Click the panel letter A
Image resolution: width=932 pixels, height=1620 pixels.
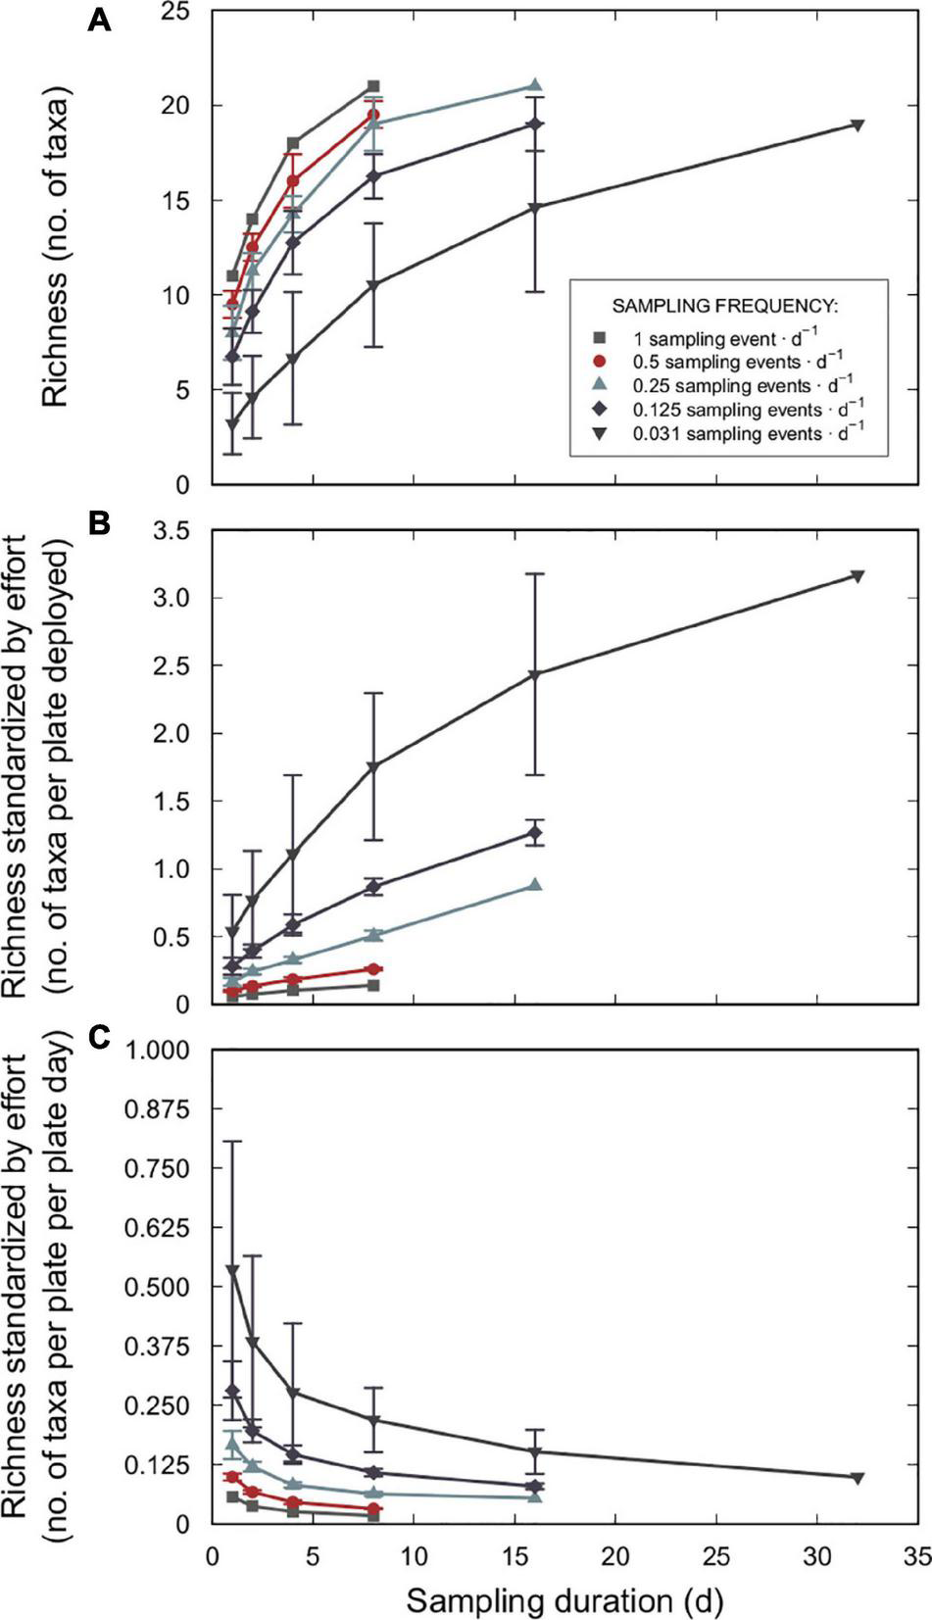99,19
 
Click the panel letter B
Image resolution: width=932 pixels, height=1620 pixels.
99,524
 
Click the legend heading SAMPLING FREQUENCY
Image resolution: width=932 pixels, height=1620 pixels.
727,305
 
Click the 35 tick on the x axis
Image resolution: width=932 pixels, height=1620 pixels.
915,1558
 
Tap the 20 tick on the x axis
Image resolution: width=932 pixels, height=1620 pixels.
614,1558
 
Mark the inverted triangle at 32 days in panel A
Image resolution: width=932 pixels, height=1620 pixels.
857,125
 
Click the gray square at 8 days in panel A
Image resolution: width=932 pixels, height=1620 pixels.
373,86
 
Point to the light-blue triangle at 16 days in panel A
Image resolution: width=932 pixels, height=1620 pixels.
534,86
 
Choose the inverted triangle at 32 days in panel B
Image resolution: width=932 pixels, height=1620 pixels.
857,575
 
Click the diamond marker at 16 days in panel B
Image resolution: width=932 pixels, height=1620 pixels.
534,833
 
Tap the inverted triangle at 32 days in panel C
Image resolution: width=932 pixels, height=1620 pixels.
857,1477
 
